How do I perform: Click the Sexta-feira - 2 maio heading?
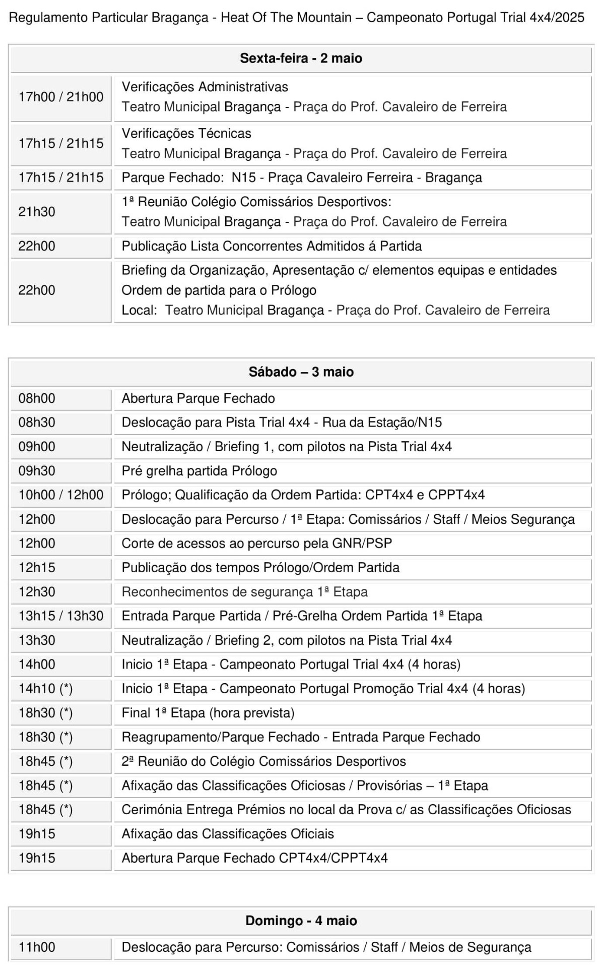pyautogui.click(x=301, y=58)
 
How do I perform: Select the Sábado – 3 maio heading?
pyautogui.click(x=301, y=372)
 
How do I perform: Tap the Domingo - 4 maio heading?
pyautogui.click(x=301, y=921)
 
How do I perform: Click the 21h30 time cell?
pyautogui.click(x=37, y=212)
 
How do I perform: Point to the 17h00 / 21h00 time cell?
pyautogui.click(x=61, y=97)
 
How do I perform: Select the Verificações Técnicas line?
pyautogui.click(x=186, y=134)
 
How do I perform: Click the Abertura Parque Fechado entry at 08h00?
pyautogui.click(x=198, y=399)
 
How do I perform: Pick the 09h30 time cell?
pyautogui.click(x=37, y=471)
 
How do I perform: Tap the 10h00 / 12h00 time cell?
pyautogui.click(x=61, y=495)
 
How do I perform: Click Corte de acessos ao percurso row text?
pyautogui.click(x=256, y=543)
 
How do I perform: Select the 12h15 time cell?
pyautogui.click(x=37, y=568)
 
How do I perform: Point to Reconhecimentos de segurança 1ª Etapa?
pyautogui.click(x=244, y=592)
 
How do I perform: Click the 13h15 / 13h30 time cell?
pyautogui.click(x=61, y=616)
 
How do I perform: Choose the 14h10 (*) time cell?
pyautogui.click(x=45, y=689)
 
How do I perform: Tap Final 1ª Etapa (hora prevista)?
pyautogui.click(x=208, y=713)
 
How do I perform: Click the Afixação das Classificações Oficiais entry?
pyautogui.click(x=228, y=834)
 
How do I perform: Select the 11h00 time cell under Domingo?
pyautogui.click(x=37, y=947)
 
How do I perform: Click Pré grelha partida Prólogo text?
pyautogui.click(x=199, y=471)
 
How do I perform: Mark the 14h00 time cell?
pyautogui.click(x=37, y=664)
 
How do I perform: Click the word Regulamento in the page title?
pyautogui.click(x=48, y=18)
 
